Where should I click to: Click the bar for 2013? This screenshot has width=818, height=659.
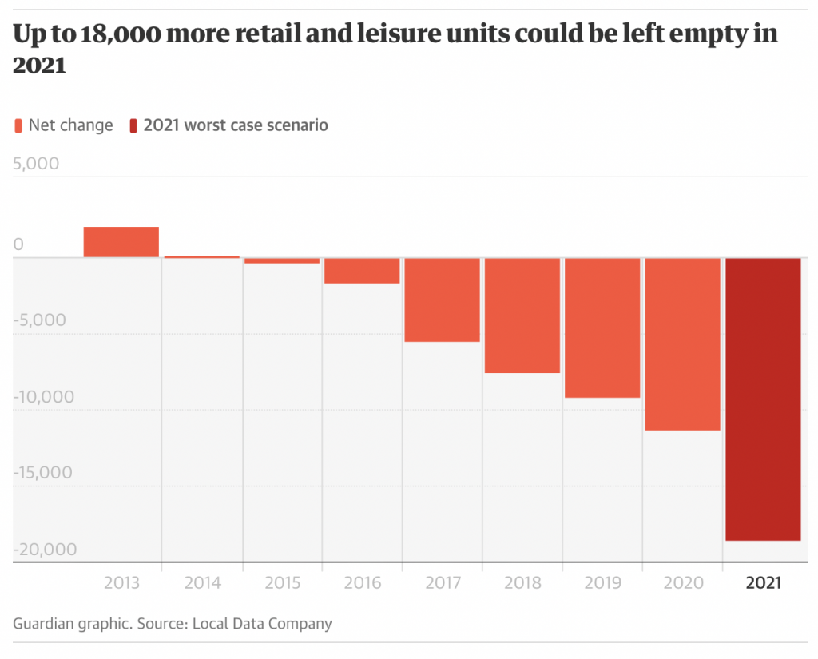121,242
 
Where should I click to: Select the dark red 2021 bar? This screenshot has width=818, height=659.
763,399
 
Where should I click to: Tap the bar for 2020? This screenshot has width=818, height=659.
683,343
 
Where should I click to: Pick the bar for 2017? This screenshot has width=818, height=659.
442,300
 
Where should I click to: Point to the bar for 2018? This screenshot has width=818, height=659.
522,315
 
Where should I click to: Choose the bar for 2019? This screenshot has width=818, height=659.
602,328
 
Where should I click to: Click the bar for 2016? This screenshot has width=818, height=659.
362,271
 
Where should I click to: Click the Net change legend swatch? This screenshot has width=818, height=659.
18,125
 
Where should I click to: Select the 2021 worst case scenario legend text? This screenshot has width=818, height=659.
236,125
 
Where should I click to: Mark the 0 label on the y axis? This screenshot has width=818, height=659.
19,244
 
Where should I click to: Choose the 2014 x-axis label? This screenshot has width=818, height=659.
202,583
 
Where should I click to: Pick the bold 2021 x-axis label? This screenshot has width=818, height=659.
763,583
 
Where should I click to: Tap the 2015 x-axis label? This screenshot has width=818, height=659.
282,583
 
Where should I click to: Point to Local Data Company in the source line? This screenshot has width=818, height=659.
262,624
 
